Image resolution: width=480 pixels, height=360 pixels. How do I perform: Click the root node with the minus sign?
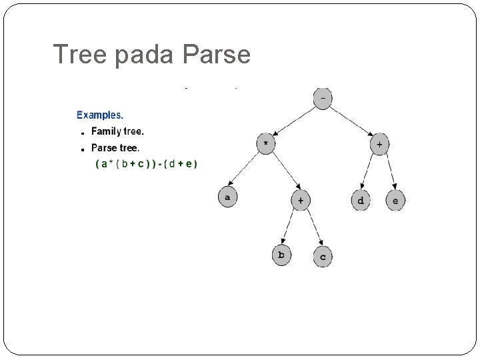[323, 99]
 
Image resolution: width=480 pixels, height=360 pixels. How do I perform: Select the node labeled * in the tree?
[265, 144]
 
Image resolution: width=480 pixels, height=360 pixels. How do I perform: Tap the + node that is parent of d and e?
[379, 144]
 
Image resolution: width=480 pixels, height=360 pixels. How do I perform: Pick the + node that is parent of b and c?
[300, 200]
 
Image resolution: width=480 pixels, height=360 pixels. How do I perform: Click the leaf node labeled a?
[227, 197]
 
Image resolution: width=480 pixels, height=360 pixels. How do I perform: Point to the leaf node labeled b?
[281, 255]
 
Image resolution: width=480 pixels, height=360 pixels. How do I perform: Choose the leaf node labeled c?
[323, 256]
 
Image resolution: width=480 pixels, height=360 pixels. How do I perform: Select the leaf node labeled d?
[361, 200]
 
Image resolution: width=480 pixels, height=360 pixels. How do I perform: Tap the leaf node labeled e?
[395, 200]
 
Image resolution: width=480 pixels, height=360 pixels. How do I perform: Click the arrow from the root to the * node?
[294, 121]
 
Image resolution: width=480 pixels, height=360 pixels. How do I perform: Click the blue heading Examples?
[100, 115]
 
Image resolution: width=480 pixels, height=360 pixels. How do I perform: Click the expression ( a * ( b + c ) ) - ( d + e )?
[146, 164]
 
